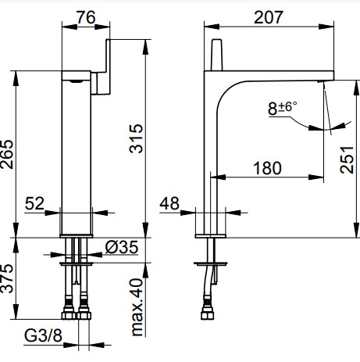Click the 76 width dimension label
point(86,18)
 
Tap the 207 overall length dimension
point(269,17)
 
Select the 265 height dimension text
point(7,155)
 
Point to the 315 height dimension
point(136,138)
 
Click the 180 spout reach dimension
point(267,168)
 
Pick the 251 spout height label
point(347,159)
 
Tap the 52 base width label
point(34,203)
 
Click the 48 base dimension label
point(169,203)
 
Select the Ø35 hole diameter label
point(122,247)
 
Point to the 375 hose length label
point(7,278)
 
